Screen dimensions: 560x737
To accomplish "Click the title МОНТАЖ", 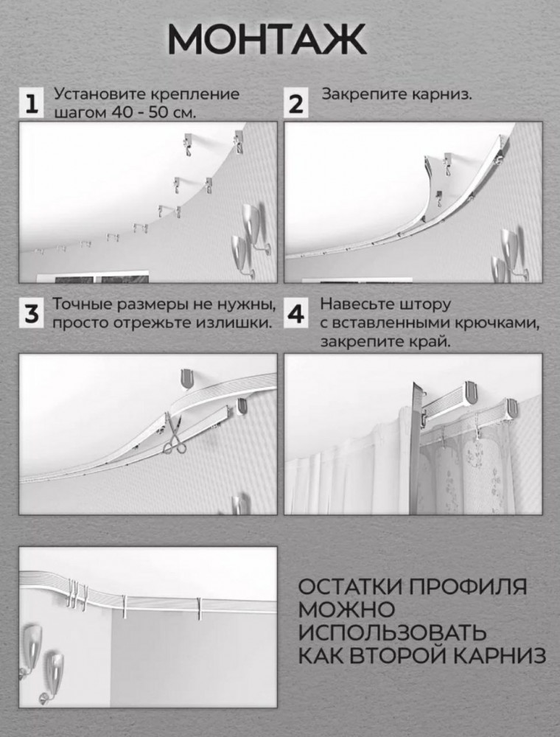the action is pos(267,40).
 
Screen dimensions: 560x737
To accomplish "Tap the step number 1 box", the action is pos(32,103).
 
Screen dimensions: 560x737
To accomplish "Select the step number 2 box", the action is pos(296,103).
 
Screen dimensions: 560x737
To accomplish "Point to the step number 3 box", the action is pos(32,313).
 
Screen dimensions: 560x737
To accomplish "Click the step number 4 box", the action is pos(296,313).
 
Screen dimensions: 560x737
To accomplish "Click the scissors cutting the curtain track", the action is pos(174,436).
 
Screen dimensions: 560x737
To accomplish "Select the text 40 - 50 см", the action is pos(153,113).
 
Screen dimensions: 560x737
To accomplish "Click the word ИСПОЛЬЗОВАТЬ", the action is pos(392,632).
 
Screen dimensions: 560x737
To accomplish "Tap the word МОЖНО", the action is pos(347,609).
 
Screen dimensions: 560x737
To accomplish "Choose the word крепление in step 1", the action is pos(195,94).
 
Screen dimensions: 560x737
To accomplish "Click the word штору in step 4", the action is pos(424,304).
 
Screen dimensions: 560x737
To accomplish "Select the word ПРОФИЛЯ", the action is pos(467,587).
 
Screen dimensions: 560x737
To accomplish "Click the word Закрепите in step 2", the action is pos(364,94).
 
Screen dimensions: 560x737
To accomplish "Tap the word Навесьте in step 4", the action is pos(357,304).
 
